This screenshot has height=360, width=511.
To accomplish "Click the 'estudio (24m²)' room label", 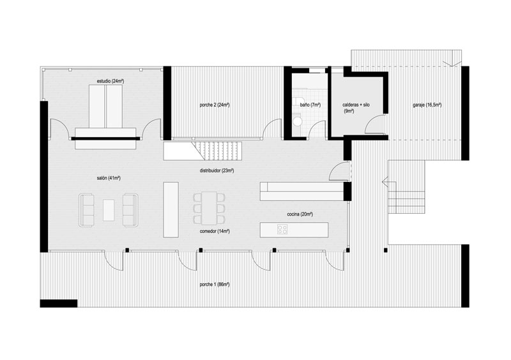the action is click(111, 81).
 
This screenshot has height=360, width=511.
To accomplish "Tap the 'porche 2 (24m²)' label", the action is click(215, 105).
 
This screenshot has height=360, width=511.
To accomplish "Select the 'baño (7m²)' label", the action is click(310, 105).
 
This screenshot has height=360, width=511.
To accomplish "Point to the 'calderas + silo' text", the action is click(356, 105).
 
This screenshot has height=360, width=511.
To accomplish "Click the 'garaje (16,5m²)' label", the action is click(427, 105).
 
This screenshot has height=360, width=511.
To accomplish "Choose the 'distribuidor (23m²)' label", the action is click(217, 170).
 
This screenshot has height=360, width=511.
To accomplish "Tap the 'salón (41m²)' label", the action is click(109, 178).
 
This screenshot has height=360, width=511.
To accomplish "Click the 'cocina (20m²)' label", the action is click(300, 214).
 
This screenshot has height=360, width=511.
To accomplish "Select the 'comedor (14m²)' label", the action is click(215, 231).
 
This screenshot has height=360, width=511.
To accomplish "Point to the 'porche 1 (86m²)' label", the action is click(215, 285).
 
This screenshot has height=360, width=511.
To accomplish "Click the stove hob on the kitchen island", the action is click(282, 229).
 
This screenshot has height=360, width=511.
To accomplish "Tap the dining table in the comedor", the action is click(209, 208).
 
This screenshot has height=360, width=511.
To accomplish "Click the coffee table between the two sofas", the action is click(109, 210).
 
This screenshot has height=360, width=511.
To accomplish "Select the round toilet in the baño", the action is click(297, 121).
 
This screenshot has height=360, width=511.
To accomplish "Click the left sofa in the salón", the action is click(86, 210).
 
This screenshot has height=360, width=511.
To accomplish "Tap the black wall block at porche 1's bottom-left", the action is click(59, 303).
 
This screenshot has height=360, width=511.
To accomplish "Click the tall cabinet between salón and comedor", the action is click(171, 210).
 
